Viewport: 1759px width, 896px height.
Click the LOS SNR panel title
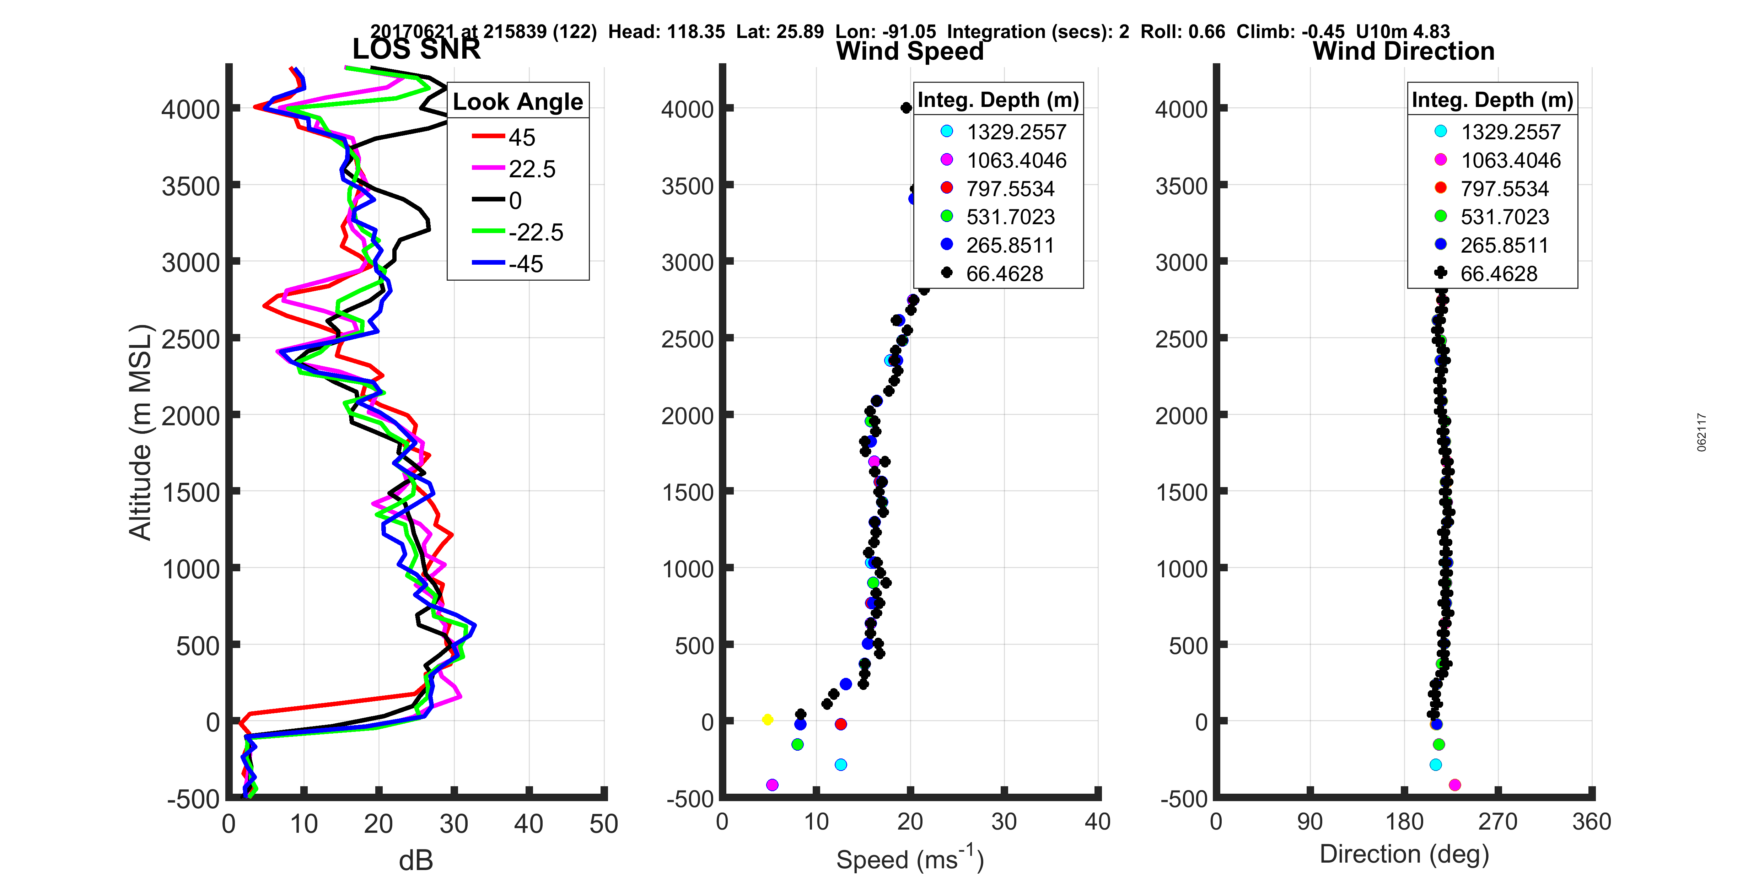[x=416, y=49]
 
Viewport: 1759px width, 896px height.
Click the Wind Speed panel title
[x=910, y=51]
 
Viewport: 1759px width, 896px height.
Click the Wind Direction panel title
[x=1403, y=51]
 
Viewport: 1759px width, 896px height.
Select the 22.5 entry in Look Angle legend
[x=531, y=169]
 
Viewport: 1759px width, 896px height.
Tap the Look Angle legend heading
[x=518, y=102]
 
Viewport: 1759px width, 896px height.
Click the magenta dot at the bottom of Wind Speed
[x=772, y=785]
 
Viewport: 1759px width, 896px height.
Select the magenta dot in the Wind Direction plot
[x=1454, y=785]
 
